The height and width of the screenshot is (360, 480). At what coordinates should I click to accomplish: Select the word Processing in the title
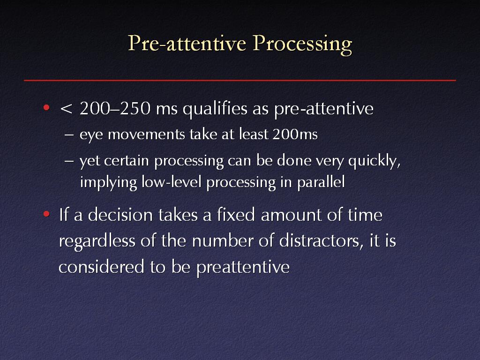[302, 45]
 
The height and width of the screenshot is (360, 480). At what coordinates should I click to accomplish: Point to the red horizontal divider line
[240, 80]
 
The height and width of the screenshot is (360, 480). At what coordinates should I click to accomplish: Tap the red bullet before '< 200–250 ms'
[46, 107]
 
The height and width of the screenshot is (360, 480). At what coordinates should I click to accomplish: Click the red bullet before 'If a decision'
[46, 214]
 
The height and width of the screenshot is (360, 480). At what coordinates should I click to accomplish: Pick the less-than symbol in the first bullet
[66, 109]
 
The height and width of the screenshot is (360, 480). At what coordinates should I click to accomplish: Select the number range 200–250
[115, 108]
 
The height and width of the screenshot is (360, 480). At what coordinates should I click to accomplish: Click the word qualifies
[215, 109]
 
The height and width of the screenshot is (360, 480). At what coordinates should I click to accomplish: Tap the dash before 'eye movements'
[69, 135]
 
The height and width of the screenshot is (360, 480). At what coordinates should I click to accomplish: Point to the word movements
[146, 135]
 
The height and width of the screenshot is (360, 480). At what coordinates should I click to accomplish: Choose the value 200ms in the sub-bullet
[295, 134]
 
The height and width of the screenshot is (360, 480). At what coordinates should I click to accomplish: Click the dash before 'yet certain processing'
[69, 161]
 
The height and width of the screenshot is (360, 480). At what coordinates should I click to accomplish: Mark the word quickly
[375, 161]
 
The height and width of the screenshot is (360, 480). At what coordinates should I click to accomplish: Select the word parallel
[321, 182]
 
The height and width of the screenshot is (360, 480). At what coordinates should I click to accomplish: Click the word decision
[120, 214]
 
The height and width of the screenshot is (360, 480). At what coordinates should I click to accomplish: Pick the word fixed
[236, 214]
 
